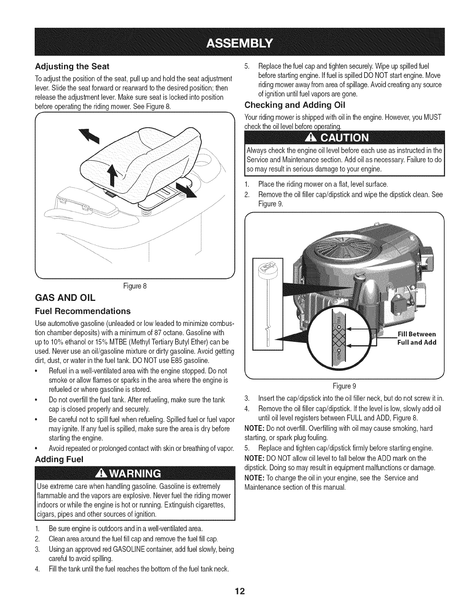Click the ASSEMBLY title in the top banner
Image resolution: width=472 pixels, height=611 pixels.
tap(236, 42)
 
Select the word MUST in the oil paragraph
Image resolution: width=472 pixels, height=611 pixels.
tap(433, 117)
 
